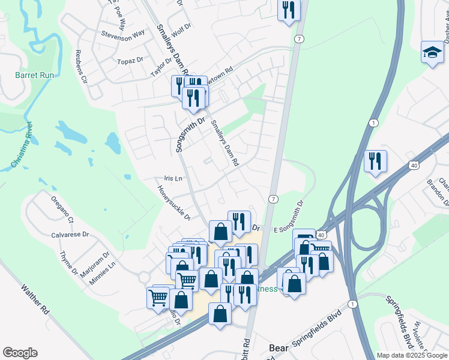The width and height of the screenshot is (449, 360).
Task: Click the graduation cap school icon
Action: (x=432, y=52)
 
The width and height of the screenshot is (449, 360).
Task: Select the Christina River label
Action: (x=20, y=145)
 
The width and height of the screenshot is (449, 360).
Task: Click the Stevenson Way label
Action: (x=123, y=34)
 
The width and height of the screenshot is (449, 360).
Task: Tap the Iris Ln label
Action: (x=173, y=178)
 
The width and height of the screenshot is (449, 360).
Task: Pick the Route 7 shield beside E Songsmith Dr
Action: (x=273, y=199)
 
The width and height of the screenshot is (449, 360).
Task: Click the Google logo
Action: (x=20, y=353)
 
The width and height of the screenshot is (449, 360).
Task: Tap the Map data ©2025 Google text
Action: (x=412, y=355)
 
